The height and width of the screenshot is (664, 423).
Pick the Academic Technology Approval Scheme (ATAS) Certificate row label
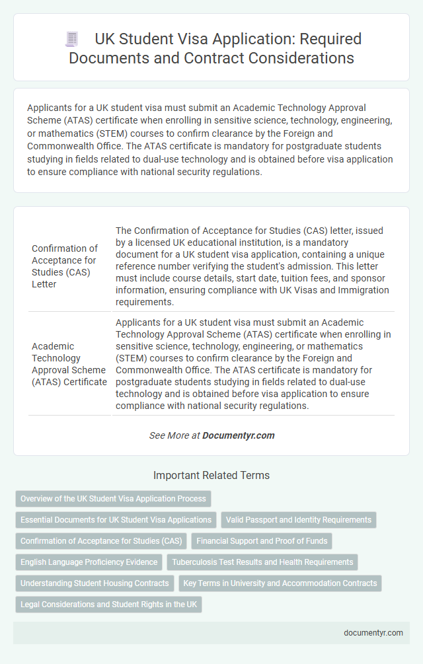click(69, 364)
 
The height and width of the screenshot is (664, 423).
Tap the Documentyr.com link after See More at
click(238, 435)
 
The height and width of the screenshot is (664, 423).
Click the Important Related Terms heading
click(211, 475)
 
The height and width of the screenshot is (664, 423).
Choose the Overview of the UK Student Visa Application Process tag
click(113, 499)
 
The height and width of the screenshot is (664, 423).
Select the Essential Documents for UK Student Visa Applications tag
click(116, 520)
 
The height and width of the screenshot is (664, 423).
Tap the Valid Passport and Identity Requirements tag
click(299, 520)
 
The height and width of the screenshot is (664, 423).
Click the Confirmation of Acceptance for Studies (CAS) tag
click(101, 541)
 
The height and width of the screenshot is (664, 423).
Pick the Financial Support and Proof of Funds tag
click(262, 541)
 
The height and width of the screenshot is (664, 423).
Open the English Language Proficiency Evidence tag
click(89, 562)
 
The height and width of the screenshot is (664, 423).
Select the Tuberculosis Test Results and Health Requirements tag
click(262, 562)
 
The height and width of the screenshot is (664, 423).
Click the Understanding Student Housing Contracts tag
click(95, 583)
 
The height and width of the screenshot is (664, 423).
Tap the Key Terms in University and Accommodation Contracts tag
click(280, 583)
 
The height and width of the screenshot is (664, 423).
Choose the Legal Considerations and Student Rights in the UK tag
click(108, 605)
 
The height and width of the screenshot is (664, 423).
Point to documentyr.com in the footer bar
click(373, 632)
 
